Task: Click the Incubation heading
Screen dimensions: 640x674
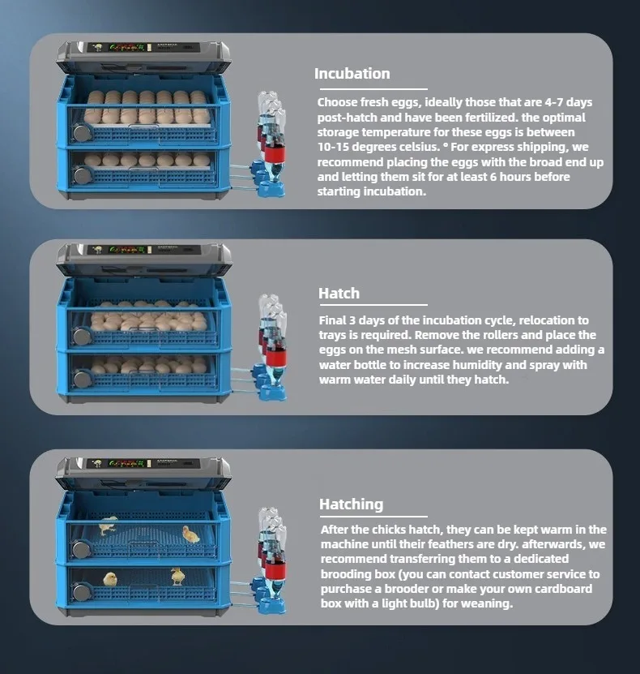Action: coord(352,74)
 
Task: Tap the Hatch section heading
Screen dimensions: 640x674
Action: coord(339,293)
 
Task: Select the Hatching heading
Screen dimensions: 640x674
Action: coord(351,504)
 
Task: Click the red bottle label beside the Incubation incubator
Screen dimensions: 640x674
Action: coord(275,153)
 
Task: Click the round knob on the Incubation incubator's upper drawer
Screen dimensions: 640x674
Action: coord(81,133)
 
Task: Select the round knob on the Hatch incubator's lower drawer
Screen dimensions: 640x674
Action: coord(81,379)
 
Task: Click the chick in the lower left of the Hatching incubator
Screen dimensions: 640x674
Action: coord(110,579)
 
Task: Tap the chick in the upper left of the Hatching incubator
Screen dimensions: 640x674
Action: coord(109,525)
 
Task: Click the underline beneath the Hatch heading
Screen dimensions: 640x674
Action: coord(373,305)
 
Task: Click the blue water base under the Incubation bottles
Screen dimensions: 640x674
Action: coord(270,188)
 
